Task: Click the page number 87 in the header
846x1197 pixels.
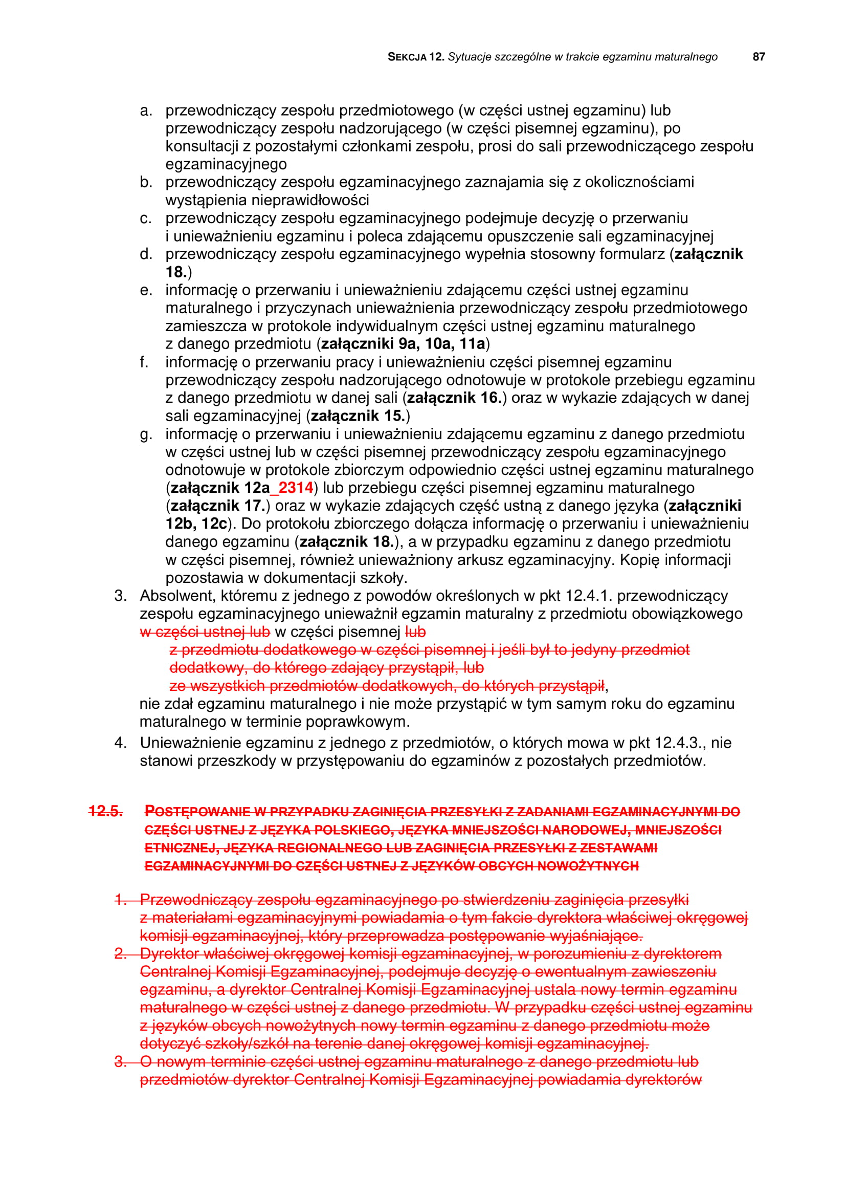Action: coord(759,57)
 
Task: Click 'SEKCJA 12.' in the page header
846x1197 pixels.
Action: coord(415,57)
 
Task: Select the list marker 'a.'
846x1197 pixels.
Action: coord(146,111)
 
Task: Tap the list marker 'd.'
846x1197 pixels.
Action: coord(146,254)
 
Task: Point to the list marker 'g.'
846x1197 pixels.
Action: coord(146,434)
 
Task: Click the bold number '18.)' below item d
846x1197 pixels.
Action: coord(178,272)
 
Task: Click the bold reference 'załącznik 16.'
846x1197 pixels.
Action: coord(454,398)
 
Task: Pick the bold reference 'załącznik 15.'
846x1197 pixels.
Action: coord(358,416)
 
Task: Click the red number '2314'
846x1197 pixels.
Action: coord(295,488)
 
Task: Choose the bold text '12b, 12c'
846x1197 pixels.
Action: coord(196,524)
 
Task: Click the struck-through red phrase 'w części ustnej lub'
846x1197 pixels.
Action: coord(205,632)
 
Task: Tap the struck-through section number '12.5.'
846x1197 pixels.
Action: coord(106,811)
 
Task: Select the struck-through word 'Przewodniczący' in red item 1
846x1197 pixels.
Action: coord(196,900)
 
